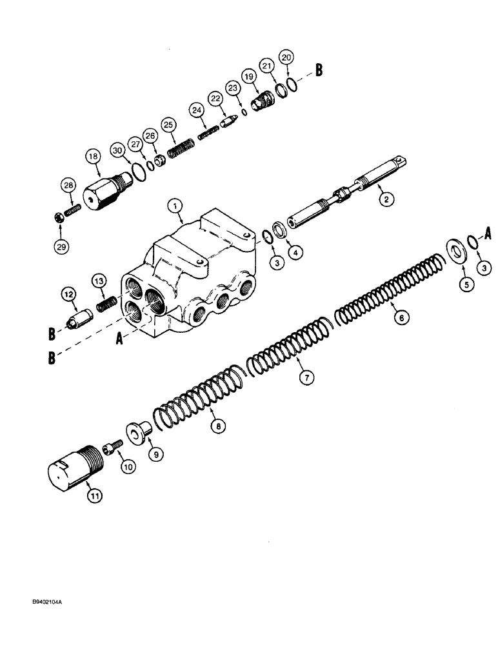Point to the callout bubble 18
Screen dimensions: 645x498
(92, 157)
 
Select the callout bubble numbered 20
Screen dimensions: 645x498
(286, 58)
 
